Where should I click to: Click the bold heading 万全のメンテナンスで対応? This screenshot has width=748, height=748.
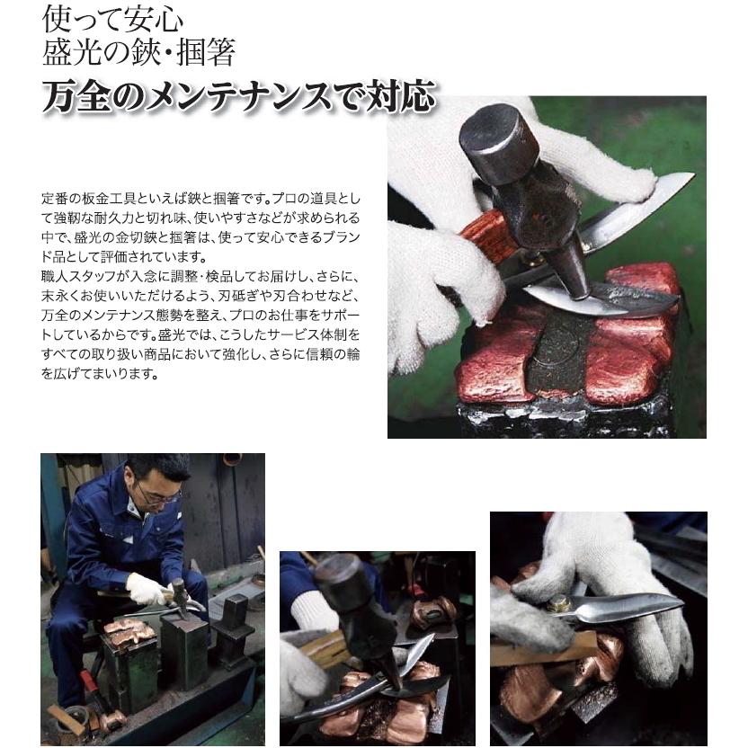[x=238, y=97]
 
